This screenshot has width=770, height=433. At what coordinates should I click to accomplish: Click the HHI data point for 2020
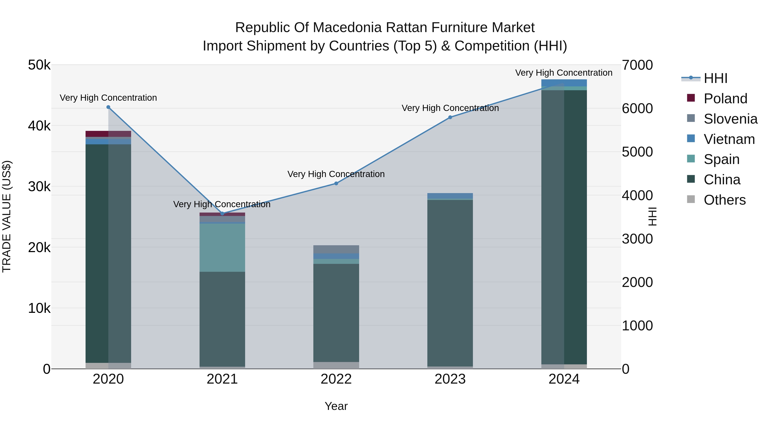point(108,107)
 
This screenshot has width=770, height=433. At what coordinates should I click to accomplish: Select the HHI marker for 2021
point(222,214)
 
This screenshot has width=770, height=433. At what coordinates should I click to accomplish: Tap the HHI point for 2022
point(336,183)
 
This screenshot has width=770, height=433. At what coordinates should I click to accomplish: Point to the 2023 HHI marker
point(450,117)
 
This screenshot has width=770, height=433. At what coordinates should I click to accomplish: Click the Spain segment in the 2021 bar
point(222,247)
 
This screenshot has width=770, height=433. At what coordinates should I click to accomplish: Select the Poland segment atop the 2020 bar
point(108,134)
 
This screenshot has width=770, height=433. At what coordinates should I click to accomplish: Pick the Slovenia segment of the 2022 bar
point(336,249)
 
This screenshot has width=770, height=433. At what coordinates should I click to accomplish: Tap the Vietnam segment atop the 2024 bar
point(564,83)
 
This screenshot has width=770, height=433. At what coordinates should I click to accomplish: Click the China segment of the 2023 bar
point(450,282)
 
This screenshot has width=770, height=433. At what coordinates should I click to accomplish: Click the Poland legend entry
point(725,99)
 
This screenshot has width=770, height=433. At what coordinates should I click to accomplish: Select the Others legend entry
point(725,200)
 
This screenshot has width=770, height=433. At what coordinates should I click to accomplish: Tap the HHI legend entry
point(715,78)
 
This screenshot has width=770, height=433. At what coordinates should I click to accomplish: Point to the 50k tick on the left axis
point(39,65)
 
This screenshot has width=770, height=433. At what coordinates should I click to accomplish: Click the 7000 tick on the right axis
point(637,65)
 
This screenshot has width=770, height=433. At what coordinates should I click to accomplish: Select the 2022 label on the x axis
point(336,379)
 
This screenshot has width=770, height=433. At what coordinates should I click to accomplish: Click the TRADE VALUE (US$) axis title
point(7,216)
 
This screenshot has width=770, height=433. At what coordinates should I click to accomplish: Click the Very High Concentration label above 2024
point(564,73)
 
